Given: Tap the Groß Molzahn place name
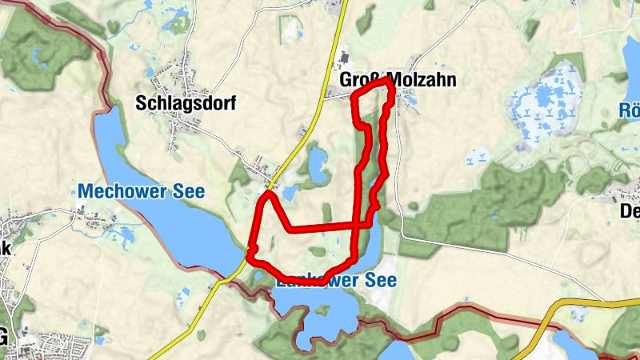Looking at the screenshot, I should coord(392,82).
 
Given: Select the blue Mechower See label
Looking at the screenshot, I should coord(142,192).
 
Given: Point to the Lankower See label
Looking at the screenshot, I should coord(336,282).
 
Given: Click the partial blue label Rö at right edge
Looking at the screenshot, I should coord(630,110).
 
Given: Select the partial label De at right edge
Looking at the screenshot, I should coord(630,211).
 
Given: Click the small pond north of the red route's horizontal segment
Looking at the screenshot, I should coord(317,163).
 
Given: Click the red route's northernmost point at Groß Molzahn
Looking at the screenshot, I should coord(388,80).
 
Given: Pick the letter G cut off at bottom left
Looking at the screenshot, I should coord(4,338).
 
